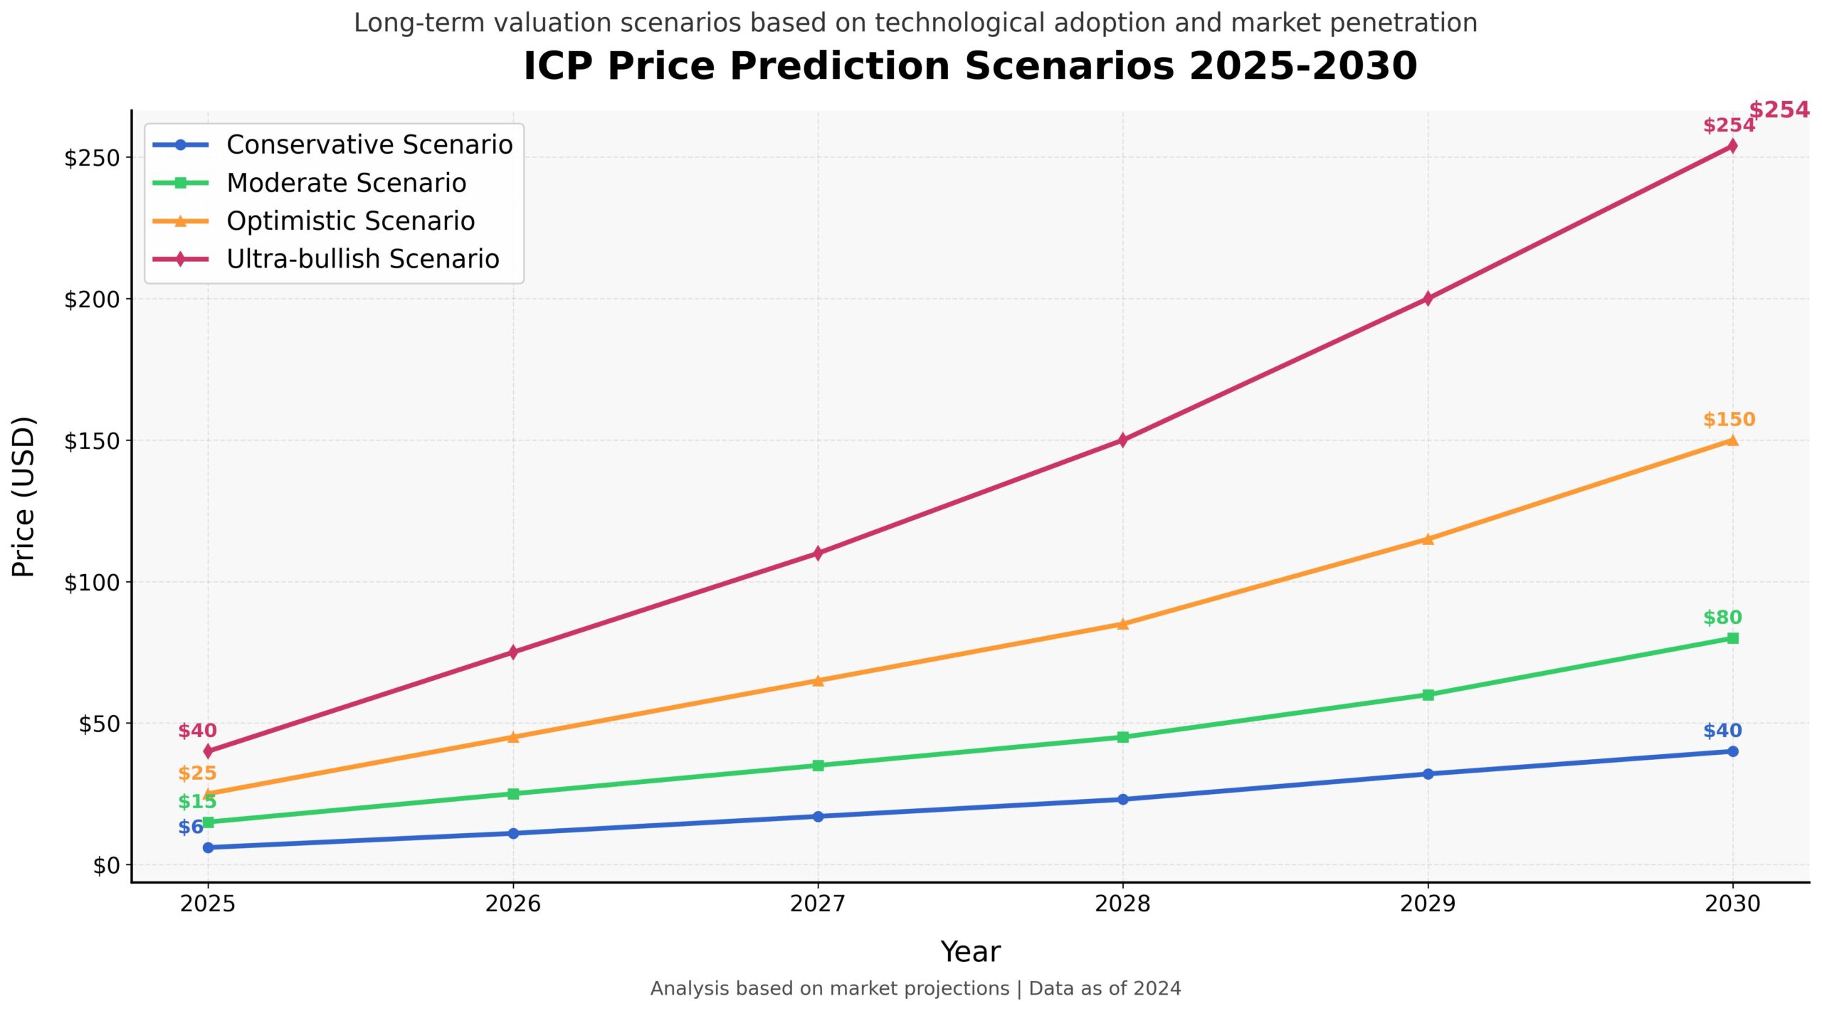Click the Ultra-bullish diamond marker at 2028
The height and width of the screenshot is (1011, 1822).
coord(1122,440)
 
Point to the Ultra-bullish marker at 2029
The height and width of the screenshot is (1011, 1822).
coord(1427,299)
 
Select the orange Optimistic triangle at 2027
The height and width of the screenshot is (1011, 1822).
coord(818,680)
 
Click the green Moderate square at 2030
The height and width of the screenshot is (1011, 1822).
coord(1732,638)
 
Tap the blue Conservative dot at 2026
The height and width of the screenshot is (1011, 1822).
coord(512,833)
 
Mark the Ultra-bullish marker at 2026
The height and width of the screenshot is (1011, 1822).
coord(512,652)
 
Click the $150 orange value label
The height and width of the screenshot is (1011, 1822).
coord(1729,420)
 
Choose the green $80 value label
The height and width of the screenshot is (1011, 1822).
coord(1722,618)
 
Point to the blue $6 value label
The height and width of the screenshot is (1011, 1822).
coord(191,827)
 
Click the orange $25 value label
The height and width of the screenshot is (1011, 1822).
coord(197,773)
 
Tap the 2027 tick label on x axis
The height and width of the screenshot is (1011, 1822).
coord(818,904)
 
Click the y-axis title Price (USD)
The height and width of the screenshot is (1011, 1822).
coord(23,497)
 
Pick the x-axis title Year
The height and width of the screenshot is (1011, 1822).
coord(970,952)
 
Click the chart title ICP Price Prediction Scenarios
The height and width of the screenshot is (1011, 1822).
coord(970,66)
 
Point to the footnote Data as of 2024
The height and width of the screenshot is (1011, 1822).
coord(1105,989)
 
